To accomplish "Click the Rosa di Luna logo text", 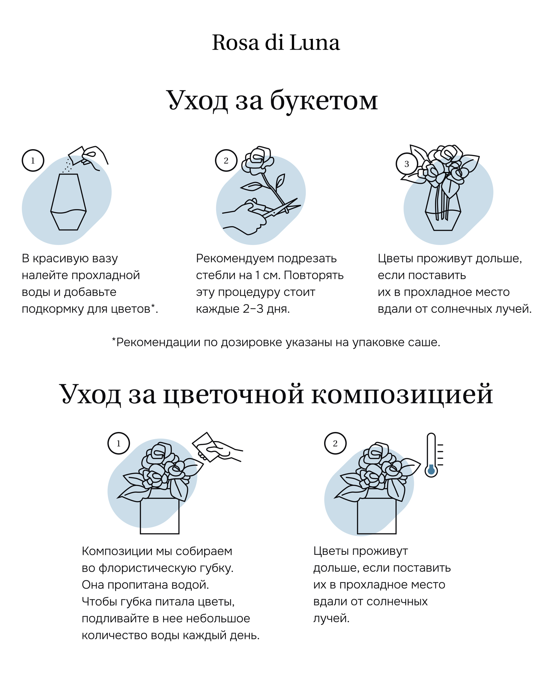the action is (x=276, y=43).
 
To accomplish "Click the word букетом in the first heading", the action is (x=324, y=100).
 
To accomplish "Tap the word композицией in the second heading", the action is (x=402, y=394).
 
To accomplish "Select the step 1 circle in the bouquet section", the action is (x=33, y=161).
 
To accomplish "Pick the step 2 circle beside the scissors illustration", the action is (x=226, y=161).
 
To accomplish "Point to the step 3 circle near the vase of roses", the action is (x=406, y=164).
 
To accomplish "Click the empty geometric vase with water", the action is (x=69, y=202).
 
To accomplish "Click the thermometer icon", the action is (x=431, y=455).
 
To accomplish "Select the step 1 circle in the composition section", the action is (x=119, y=443).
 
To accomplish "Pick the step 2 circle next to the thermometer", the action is (x=335, y=443).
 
